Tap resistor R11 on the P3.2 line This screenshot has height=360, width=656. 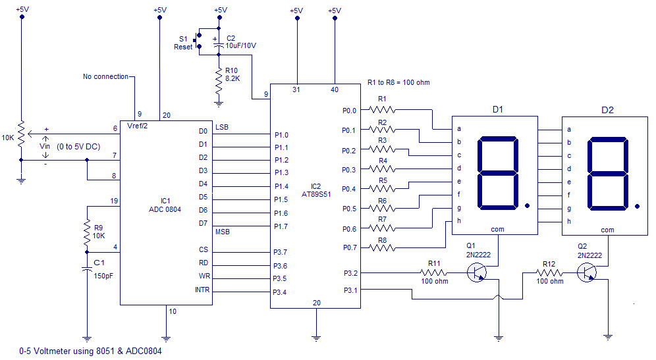point(434,272)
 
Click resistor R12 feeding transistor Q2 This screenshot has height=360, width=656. point(549,272)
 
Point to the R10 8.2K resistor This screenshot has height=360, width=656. point(219,81)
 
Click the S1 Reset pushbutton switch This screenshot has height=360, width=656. point(200,39)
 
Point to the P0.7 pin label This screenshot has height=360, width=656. point(349,247)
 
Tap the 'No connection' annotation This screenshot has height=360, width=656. point(105,76)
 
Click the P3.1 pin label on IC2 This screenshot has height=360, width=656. point(349,288)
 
